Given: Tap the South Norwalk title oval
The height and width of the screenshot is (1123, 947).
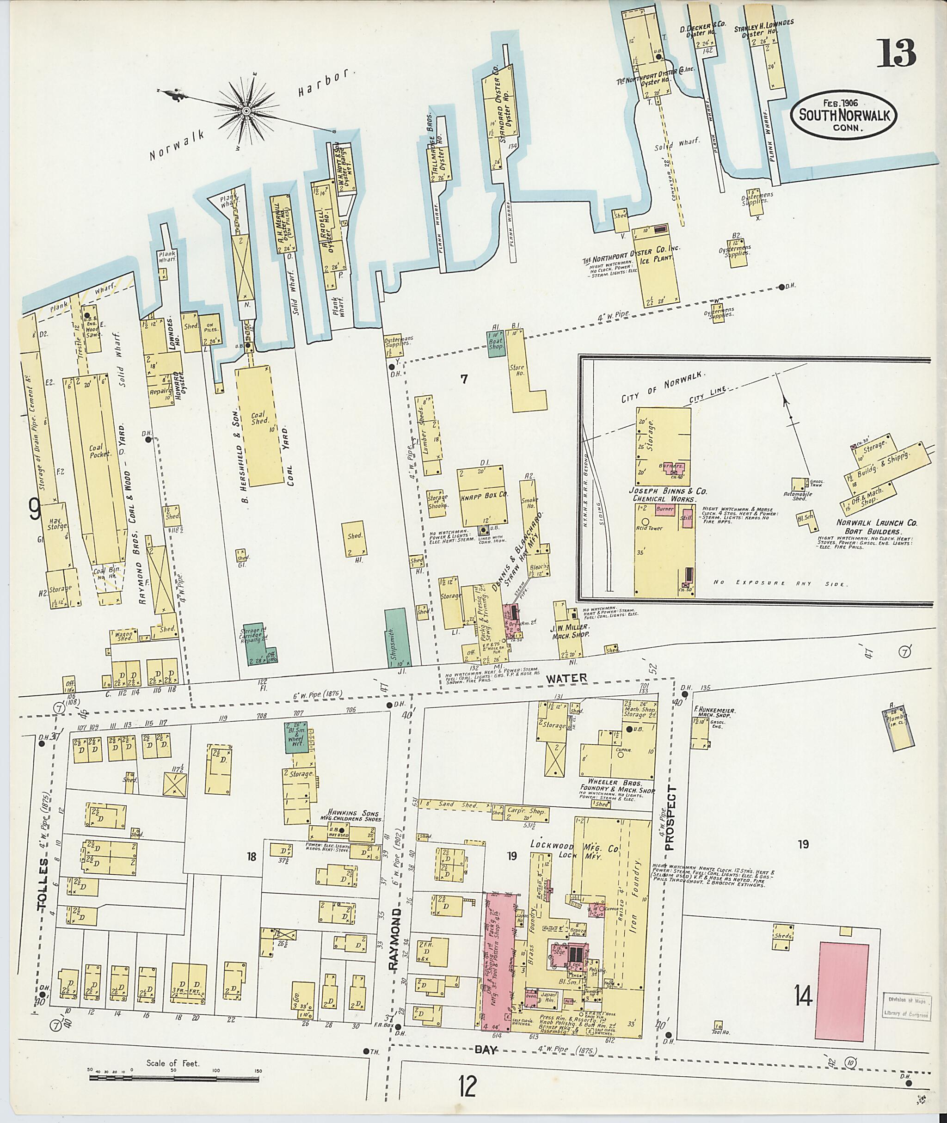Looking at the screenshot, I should [x=843, y=114].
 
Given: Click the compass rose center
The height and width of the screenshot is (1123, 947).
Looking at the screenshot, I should [x=246, y=111].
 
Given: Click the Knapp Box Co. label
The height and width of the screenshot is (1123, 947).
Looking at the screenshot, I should [x=483, y=497].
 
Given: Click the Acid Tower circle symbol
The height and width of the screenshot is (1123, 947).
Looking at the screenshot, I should [x=645, y=521].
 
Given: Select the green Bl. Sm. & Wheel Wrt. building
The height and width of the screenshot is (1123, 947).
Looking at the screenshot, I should [x=295, y=737].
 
